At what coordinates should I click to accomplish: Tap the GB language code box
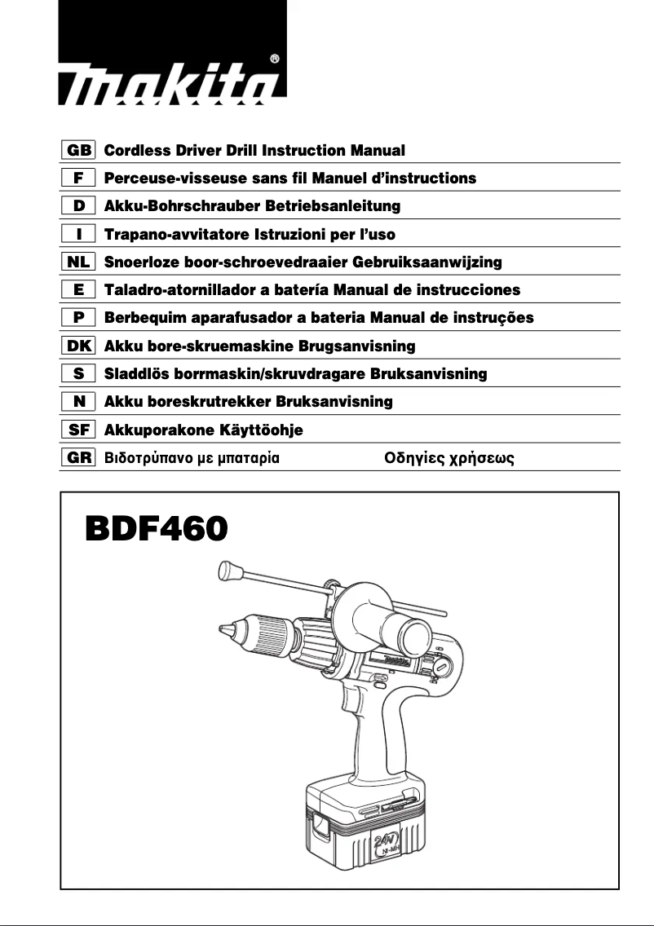click(78, 151)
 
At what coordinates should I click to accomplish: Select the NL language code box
click(78, 262)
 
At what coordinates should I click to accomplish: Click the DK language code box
click(78, 346)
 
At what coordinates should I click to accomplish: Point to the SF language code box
click(78, 430)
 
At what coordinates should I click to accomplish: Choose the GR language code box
click(78, 457)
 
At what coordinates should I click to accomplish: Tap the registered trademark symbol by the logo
click(275, 59)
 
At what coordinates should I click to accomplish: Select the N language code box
click(78, 402)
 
